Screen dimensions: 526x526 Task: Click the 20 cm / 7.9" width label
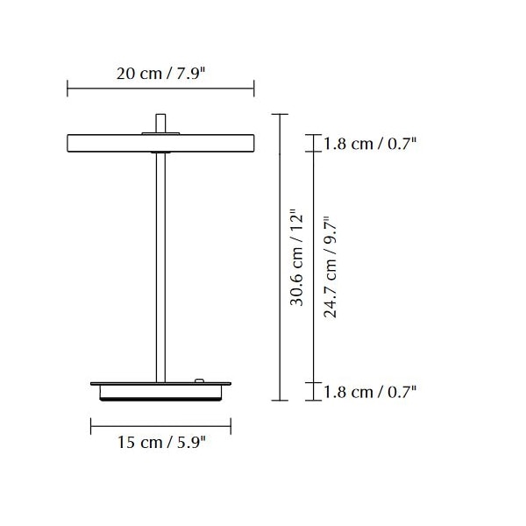tap(160, 74)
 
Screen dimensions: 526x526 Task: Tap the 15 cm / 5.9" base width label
tap(161, 442)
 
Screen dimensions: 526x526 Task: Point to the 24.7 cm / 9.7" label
tap(330, 267)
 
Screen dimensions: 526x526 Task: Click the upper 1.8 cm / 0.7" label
tap(370, 144)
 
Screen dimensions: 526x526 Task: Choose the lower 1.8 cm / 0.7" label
tap(370, 392)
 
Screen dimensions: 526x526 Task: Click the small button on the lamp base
tap(199, 380)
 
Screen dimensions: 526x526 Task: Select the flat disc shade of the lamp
tap(160, 143)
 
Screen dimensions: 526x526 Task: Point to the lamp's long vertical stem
tap(160, 267)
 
